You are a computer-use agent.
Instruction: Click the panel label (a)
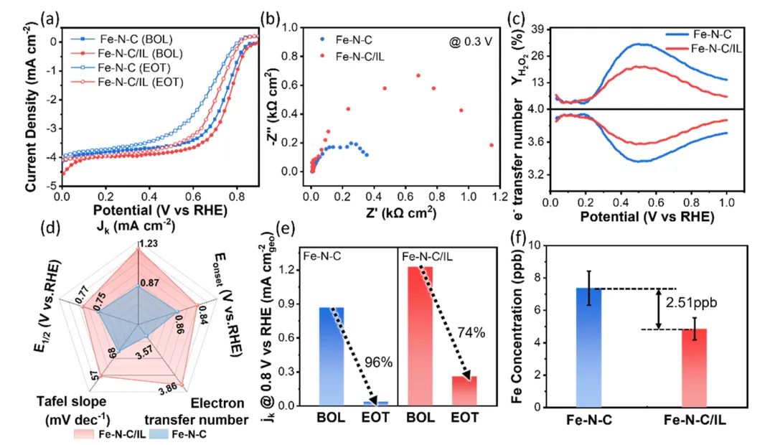50,19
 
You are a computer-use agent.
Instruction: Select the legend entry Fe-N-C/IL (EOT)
127,82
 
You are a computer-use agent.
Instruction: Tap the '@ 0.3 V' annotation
471,42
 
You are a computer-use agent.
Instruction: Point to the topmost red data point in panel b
418,75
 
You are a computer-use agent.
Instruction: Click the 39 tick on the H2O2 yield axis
536,29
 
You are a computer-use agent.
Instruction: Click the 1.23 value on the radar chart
148,243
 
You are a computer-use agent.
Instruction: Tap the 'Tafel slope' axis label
71,401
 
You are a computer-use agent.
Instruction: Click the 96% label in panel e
379,362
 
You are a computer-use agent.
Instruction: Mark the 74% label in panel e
471,333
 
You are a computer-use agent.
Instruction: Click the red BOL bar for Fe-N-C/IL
420,336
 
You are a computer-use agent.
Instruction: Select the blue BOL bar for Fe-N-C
331,357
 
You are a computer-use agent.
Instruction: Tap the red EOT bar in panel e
464,391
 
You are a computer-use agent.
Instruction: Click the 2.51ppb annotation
691,302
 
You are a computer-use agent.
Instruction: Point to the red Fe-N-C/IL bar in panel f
695,368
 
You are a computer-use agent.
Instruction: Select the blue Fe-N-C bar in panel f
588,347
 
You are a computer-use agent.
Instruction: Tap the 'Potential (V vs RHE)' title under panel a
160,210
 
